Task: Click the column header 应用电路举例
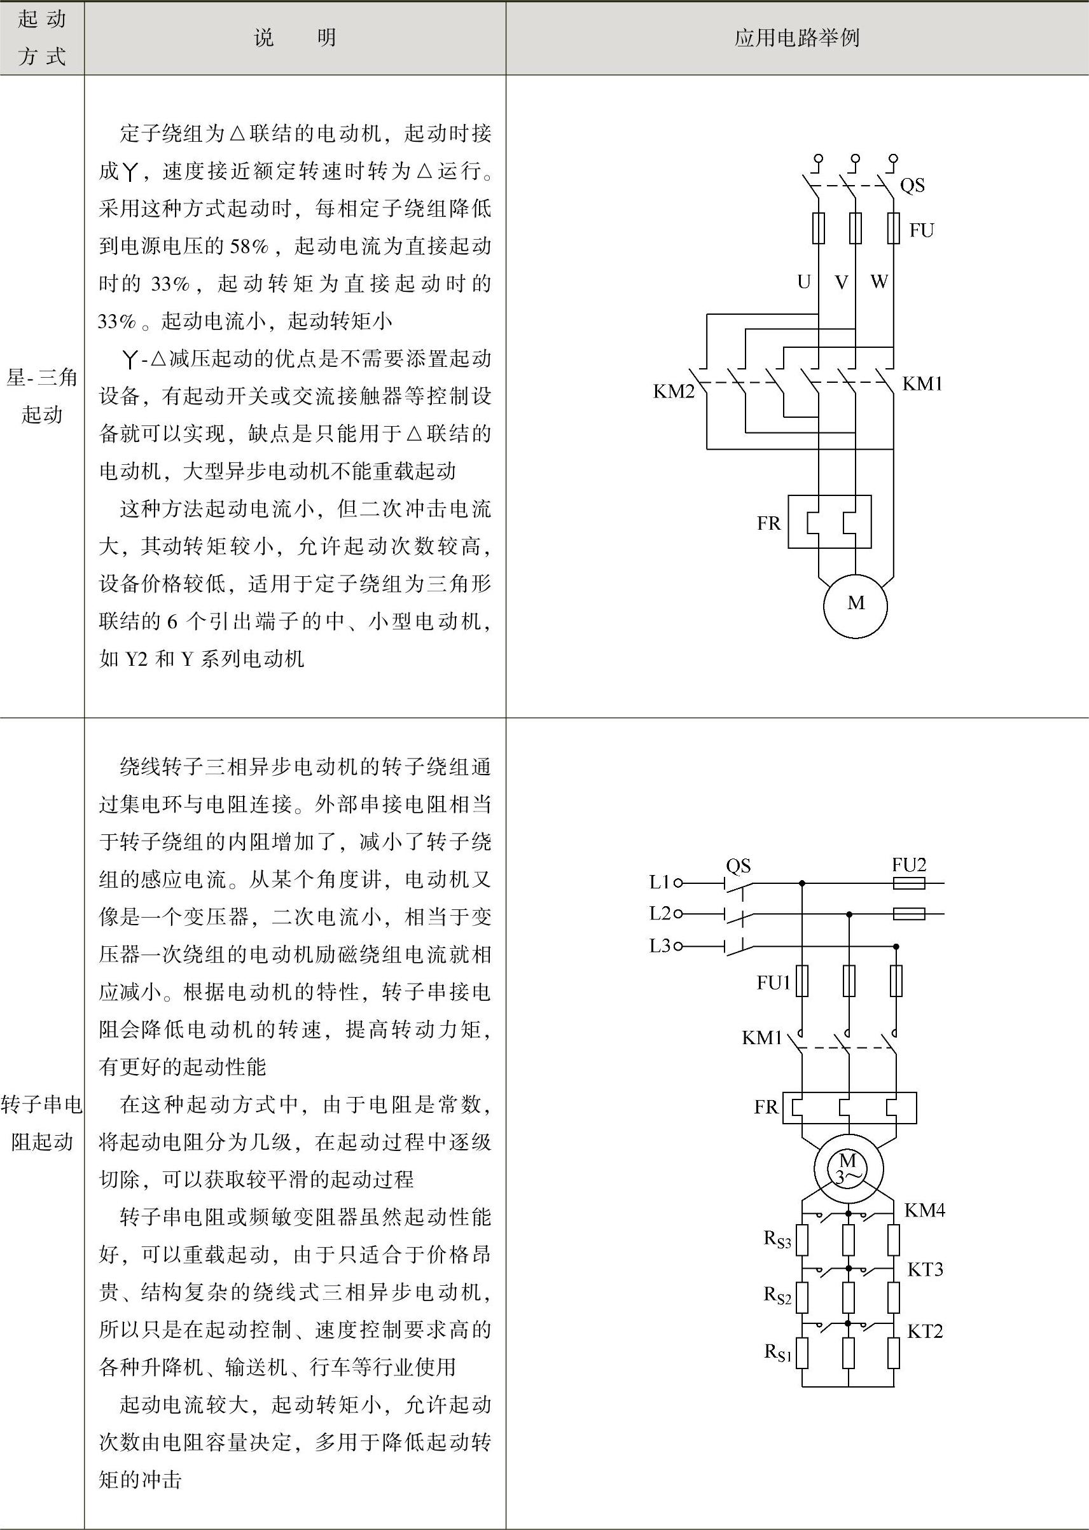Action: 796,38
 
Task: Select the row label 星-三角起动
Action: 41,396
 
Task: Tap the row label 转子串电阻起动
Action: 41,1122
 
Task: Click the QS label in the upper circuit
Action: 912,185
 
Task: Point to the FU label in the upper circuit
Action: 921,231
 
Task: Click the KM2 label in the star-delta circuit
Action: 673,391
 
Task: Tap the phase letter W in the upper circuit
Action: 879,282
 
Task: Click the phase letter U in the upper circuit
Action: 803,282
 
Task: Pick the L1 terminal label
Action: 660,883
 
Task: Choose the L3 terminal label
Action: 660,946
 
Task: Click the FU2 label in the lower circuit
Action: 908,865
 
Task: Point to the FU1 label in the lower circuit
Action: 774,982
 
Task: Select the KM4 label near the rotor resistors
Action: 924,1210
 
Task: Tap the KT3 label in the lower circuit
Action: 925,1269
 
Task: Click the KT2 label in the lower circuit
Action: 925,1331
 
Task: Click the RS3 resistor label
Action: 777,1239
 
